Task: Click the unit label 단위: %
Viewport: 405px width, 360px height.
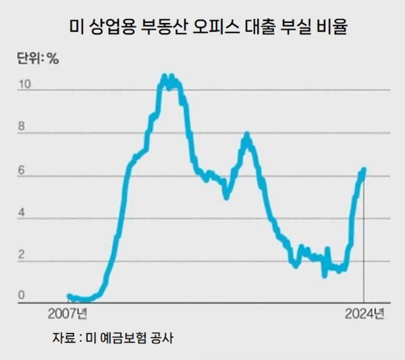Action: [37, 59]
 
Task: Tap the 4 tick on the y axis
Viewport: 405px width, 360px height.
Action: [23, 214]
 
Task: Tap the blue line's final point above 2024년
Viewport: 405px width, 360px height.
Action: [364, 170]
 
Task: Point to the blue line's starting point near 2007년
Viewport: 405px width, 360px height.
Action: [69, 296]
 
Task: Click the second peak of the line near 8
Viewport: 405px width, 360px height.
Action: [247, 134]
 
